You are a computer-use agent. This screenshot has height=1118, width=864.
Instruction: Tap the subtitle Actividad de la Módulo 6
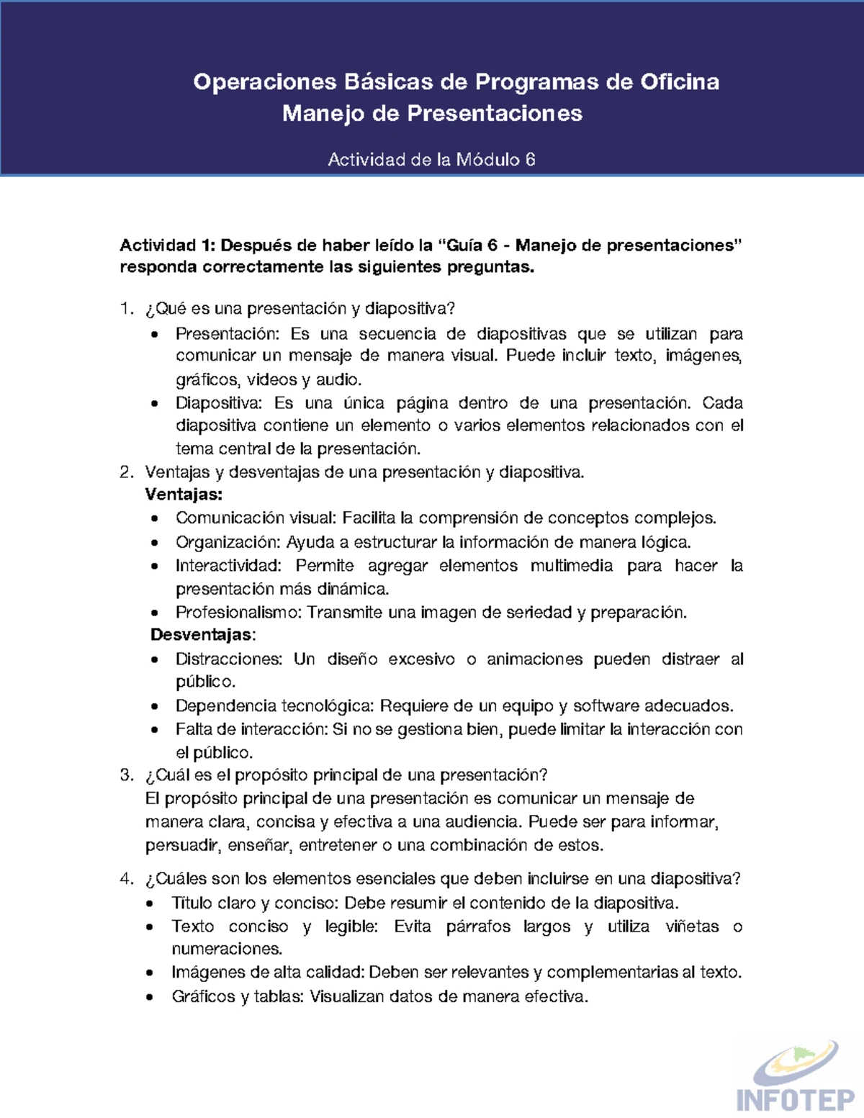(x=431, y=160)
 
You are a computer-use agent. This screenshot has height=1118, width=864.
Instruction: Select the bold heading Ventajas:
(x=184, y=495)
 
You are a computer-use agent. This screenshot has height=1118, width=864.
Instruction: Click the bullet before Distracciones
(x=155, y=660)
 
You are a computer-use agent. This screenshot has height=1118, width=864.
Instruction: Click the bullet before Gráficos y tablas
(x=150, y=998)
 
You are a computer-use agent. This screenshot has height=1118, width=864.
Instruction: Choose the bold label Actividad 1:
(x=167, y=245)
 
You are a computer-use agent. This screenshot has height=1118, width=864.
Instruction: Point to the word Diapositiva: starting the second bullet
(x=219, y=403)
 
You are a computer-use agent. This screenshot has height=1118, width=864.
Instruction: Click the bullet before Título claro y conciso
(x=150, y=904)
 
